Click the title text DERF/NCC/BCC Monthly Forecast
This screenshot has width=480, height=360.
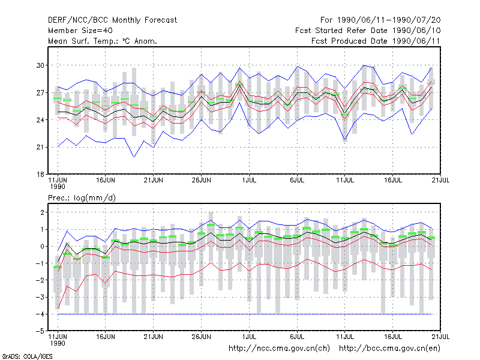click(x=112, y=20)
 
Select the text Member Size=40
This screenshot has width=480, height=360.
click(x=80, y=31)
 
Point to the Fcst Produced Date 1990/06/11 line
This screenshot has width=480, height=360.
click(x=376, y=41)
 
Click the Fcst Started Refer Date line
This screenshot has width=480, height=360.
click(x=368, y=31)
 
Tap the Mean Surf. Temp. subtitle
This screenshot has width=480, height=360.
click(x=103, y=41)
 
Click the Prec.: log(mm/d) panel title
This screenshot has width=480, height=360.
click(x=82, y=198)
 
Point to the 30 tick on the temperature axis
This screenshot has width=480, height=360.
click(x=40, y=65)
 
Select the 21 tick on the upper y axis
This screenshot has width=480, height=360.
click(x=40, y=147)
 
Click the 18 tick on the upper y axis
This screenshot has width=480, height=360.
click(x=40, y=175)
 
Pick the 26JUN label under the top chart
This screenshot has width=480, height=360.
click(x=202, y=180)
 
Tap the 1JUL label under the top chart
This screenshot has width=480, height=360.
click(x=249, y=180)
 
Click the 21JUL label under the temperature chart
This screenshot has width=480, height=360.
click(x=440, y=180)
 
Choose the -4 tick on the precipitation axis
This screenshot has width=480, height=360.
click(x=40, y=314)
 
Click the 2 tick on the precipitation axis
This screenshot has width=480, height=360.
click(x=42, y=212)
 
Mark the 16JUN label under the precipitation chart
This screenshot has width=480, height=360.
click(x=106, y=337)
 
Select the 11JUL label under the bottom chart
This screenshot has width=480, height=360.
click(x=345, y=337)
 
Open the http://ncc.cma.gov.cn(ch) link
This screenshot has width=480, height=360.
click(x=279, y=349)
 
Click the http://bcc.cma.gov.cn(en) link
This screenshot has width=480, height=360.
click(x=389, y=349)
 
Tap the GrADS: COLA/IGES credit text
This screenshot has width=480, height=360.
click(x=27, y=356)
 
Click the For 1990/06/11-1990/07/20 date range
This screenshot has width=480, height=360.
click(x=380, y=20)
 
